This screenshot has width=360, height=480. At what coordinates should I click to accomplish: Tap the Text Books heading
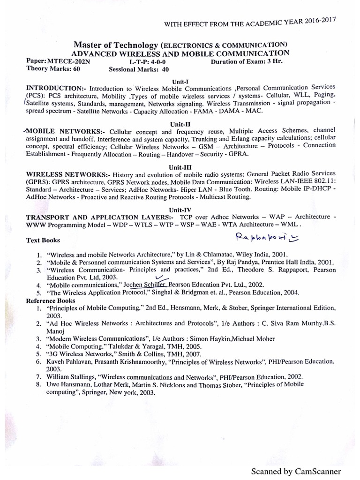(43, 240)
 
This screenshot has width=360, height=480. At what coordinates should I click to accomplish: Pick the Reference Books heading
(51, 300)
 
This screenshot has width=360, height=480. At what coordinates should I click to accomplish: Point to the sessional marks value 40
(165, 70)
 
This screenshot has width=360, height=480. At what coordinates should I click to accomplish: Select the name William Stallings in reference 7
(72, 376)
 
